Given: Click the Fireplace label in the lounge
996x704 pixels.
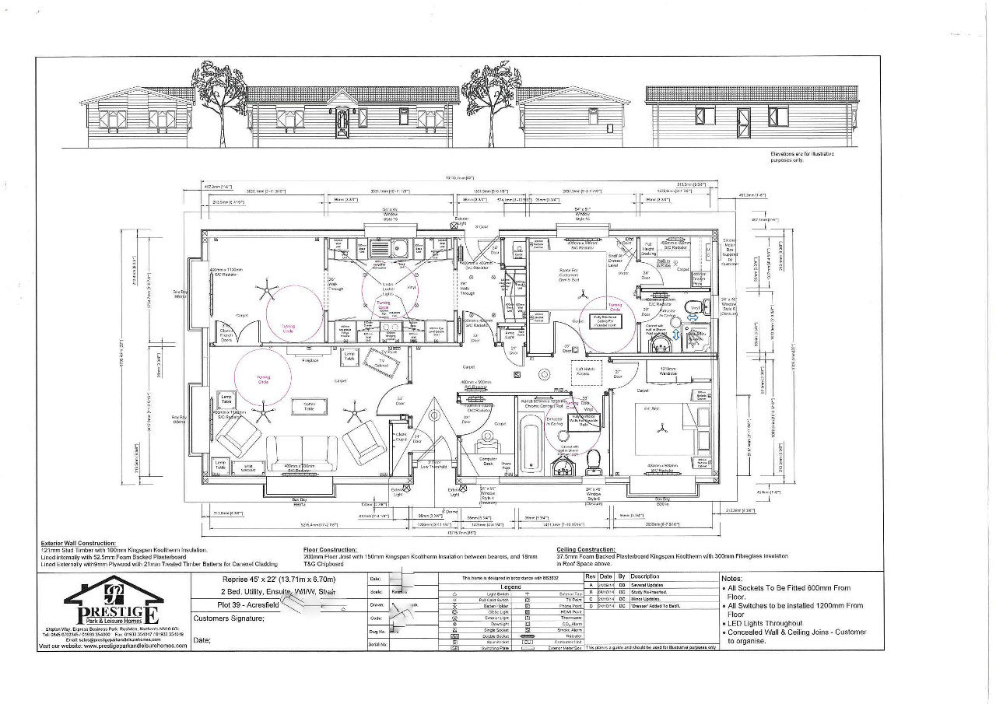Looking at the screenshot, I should point(310,360).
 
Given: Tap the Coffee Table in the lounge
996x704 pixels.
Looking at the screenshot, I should point(309,405).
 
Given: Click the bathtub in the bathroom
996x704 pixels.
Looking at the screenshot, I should point(531,444).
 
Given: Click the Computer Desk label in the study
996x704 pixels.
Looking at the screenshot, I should point(488,461).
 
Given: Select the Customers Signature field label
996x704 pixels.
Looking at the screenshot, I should point(229,618).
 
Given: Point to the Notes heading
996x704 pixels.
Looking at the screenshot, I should point(732,579).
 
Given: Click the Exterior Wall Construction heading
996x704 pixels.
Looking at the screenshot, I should point(79,543).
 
